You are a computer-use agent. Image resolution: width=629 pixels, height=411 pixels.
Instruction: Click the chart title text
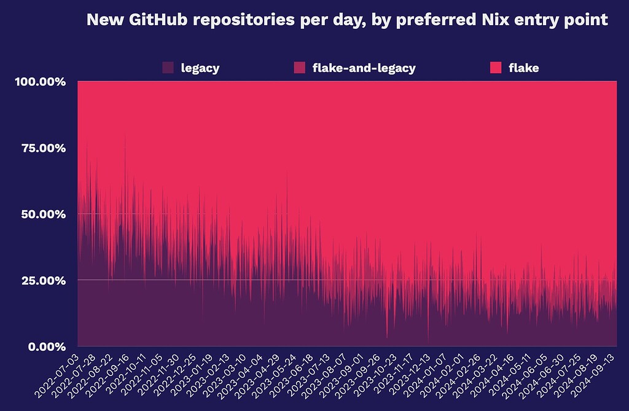(347, 20)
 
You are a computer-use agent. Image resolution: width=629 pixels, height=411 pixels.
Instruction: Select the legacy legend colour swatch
(168, 68)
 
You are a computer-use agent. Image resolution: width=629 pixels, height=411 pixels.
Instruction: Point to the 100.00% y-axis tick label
(39, 82)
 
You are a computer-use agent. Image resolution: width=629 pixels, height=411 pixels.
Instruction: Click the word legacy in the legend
(200, 68)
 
